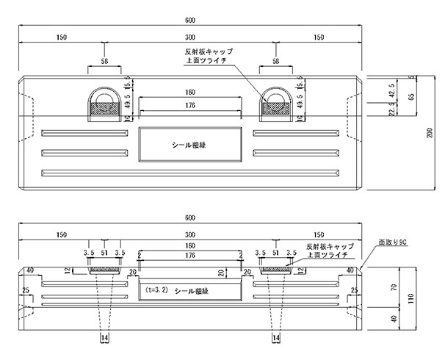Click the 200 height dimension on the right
(430, 133)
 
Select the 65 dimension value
(412, 96)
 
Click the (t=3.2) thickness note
(157, 289)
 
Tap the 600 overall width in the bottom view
(189, 218)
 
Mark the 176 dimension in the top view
(189, 104)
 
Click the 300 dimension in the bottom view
(189, 234)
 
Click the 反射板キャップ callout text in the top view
(209, 53)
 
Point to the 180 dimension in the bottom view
(189, 245)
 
